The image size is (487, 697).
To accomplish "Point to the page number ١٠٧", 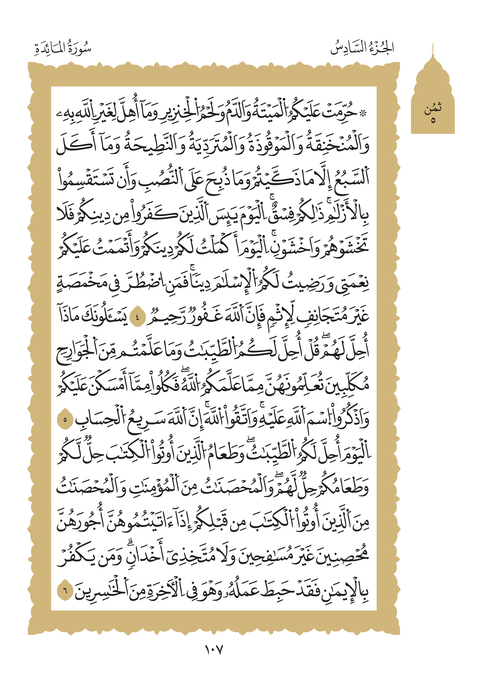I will coord(214,650).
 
